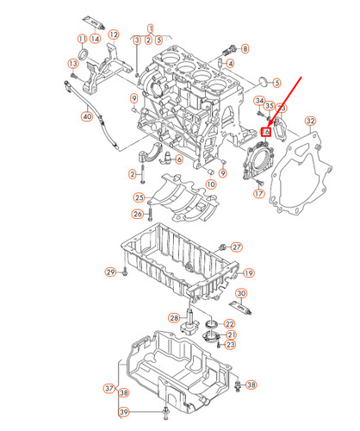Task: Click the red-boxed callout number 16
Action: (268, 132)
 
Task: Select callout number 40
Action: (86, 116)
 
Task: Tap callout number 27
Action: (238, 247)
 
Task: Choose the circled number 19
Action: (248, 273)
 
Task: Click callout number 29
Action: (110, 272)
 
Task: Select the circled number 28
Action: (174, 319)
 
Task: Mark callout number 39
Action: (124, 412)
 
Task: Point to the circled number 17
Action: (258, 194)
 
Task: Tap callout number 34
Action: (258, 102)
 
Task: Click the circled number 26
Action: (138, 214)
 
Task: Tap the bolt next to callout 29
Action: (126, 272)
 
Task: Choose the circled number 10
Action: (209, 184)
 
